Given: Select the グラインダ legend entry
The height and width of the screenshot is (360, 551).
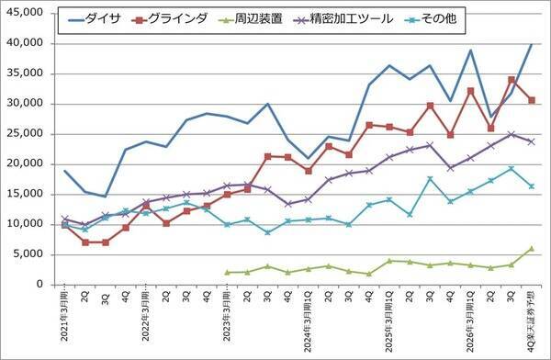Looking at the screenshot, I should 170,18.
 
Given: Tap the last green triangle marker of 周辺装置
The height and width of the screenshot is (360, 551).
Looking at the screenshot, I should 532,248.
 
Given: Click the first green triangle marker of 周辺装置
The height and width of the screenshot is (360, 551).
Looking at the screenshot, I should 227,272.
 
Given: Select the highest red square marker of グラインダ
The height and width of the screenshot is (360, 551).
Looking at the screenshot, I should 512,80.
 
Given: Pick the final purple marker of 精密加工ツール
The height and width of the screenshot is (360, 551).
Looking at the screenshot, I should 532,141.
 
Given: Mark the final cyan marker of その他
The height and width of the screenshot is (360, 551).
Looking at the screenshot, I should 532,186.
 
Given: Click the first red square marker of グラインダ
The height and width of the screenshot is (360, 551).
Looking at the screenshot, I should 65,224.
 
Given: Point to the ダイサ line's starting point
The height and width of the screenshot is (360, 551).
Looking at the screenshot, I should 65,171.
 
